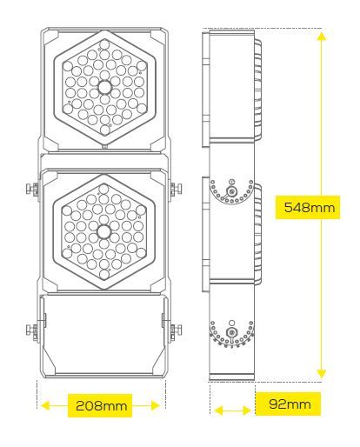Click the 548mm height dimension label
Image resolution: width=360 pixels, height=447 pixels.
(309, 207)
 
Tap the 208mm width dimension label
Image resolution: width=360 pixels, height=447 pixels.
(101, 405)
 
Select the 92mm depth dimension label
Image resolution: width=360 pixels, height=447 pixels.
(290, 404)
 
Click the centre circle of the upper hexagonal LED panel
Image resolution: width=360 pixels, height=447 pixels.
(104, 87)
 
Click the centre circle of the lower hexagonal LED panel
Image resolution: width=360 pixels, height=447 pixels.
(103, 231)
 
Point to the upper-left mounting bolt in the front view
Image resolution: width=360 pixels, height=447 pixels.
(32, 189)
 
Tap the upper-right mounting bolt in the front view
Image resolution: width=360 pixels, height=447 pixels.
(176, 189)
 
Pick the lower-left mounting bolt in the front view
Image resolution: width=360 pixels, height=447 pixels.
(32, 330)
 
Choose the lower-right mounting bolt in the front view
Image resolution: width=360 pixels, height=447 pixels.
(176, 330)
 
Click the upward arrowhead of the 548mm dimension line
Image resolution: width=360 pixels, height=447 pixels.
(322, 37)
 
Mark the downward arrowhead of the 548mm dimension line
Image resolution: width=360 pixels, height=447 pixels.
(322, 373)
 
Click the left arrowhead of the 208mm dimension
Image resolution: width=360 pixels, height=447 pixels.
(45, 405)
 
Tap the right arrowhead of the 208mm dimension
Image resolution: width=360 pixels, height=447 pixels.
(155, 405)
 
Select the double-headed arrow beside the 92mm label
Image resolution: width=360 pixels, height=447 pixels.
(232, 410)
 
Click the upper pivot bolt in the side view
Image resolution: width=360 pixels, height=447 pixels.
(231, 191)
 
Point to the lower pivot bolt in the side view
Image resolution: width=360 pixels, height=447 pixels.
(231, 332)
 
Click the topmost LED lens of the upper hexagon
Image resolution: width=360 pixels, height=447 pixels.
(103, 44)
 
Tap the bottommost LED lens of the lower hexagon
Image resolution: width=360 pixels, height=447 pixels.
(104, 274)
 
